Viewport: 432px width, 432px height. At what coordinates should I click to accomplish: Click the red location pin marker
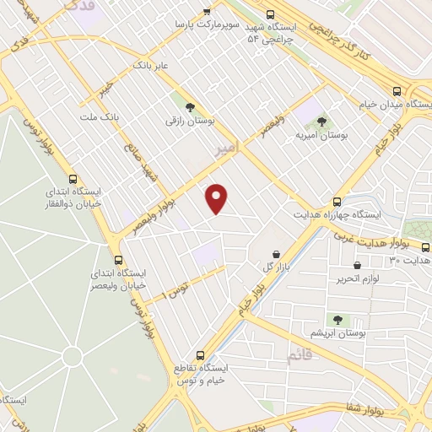click(218, 197)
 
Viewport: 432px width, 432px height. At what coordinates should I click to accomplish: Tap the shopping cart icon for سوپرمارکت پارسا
click(207, 12)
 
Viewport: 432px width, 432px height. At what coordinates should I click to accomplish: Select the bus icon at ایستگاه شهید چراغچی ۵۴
click(270, 14)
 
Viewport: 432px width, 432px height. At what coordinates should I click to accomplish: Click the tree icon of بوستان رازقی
click(189, 106)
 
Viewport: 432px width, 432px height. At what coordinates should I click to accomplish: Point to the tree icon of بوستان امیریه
click(320, 121)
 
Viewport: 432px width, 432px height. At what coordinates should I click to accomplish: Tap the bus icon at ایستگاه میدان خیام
click(397, 91)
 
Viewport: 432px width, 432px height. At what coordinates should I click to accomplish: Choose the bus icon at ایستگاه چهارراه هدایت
click(337, 202)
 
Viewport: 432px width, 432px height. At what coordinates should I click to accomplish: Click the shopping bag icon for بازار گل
click(276, 253)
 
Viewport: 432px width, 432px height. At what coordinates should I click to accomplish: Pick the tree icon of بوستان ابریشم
click(337, 320)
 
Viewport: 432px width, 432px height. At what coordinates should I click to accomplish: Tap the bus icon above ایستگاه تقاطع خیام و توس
click(200, 355)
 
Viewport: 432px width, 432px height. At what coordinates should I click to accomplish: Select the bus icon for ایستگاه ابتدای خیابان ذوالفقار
click(73, 179)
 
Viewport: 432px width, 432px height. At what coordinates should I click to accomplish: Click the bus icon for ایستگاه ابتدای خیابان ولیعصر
click(118, 260)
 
